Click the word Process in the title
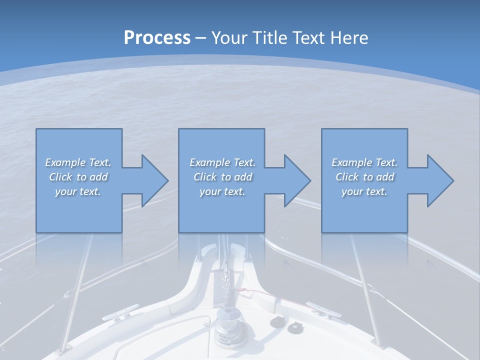pos(157,38)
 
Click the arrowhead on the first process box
pos(154,180)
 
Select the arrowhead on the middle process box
pos(297,180)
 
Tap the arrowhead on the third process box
pos(440,180)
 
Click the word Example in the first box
pos(65,162)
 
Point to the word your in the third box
pos(352,191)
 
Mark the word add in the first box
pos(99,177)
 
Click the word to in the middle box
pos(226,177)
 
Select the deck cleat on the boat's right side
pos(320,308)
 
